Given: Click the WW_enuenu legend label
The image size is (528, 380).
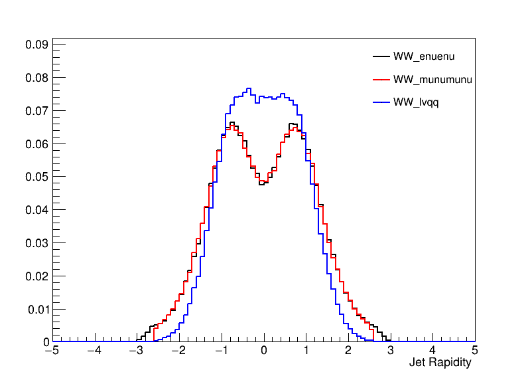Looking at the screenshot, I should [x=424, y=56].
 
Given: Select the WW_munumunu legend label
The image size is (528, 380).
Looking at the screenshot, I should [x=432, y=80].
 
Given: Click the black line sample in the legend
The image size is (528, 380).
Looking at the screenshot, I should [x=381, y=56].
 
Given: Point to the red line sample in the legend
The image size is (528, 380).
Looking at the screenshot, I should [x=381, y=80].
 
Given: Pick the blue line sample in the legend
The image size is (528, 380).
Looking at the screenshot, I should [x=381, y=103].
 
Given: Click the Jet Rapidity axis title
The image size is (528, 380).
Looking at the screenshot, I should [x=440, y=363].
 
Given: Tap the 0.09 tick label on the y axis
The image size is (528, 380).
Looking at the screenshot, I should [x=37, y=45].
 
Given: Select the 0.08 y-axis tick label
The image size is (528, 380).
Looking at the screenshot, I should [x=37, y=78].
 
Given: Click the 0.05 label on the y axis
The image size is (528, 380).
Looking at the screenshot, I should [x=37, y=177].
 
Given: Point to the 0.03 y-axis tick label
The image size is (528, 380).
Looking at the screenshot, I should [x=37, y=243].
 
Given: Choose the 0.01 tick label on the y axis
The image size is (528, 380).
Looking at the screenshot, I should [x=37, y=309].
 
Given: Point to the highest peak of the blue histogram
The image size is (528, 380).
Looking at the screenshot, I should [x=249, y=88].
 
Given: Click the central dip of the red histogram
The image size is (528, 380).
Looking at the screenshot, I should [x=263, y=181].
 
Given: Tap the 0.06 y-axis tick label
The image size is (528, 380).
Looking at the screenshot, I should [x=37, y=143].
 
